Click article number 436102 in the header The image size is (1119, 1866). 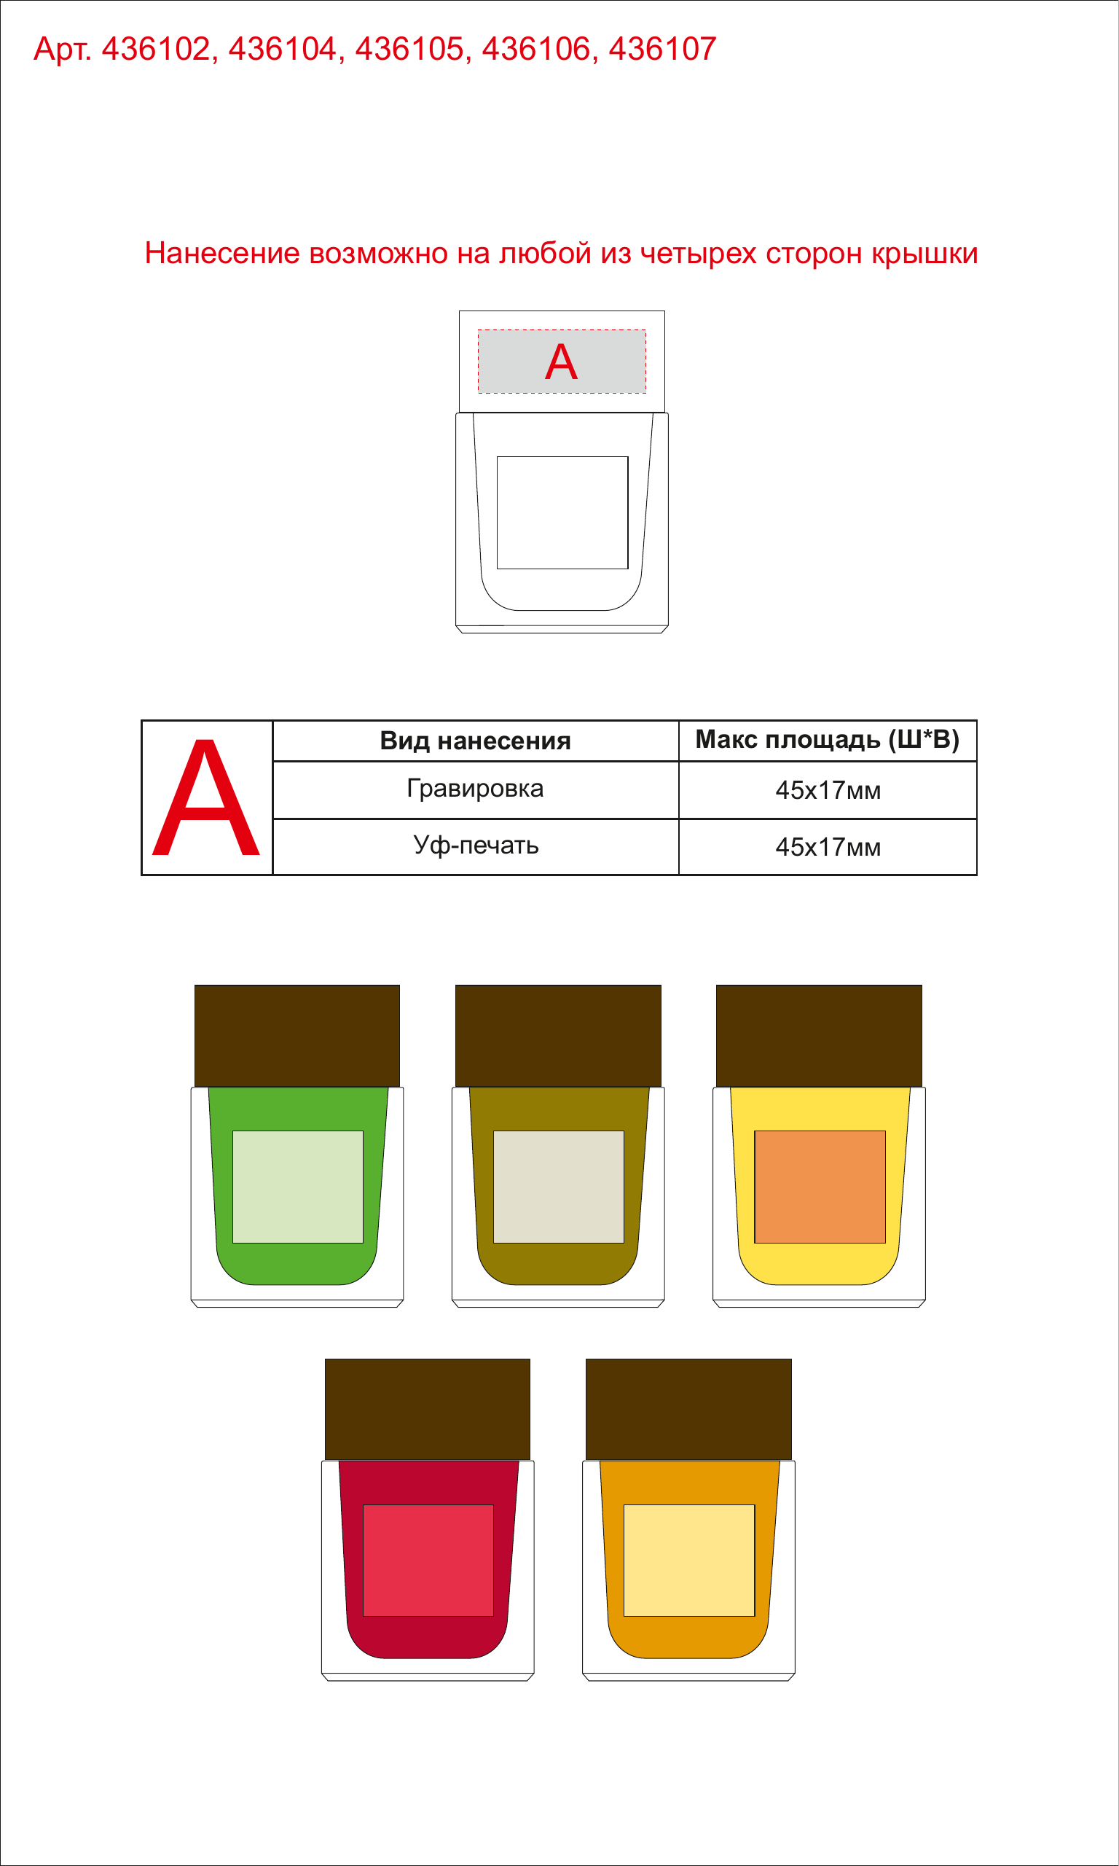155,50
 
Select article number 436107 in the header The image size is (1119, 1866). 662,50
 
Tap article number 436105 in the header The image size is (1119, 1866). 409,50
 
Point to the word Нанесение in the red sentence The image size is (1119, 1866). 222,254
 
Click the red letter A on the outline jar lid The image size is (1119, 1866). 561,362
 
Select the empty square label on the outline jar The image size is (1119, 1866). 562,513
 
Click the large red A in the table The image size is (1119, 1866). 206,797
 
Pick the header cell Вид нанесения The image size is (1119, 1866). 475,741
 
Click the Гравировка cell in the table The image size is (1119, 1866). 475,789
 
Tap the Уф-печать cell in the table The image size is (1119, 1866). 476,846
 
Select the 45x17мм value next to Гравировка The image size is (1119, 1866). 828,790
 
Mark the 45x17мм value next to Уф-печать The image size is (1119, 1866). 828,847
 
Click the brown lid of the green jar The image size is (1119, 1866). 297,1036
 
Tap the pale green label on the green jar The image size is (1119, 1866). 298,1187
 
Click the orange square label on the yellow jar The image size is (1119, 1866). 820,1187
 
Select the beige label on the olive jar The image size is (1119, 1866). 559,1187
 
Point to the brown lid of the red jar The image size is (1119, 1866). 428,1410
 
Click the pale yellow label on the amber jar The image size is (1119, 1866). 689,1561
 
